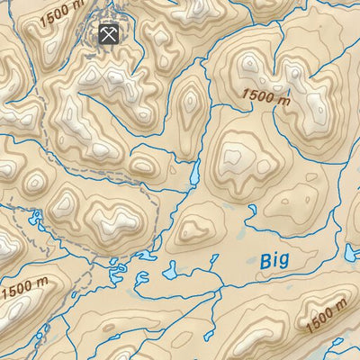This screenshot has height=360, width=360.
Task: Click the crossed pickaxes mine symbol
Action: click(109, 35)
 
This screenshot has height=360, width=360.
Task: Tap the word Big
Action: click(275, 261)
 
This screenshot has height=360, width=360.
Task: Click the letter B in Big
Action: click(266, 259)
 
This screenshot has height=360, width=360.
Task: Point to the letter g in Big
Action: click(284, 263)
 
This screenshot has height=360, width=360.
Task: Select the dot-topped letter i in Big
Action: click(276, 259)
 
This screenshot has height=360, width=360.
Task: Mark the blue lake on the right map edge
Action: click(352, 253)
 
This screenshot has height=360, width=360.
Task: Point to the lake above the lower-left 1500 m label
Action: click(36, 218)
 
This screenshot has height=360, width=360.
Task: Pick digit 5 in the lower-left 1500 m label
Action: click(13, 294)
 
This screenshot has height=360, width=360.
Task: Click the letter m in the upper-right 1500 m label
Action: click(284, 102)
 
